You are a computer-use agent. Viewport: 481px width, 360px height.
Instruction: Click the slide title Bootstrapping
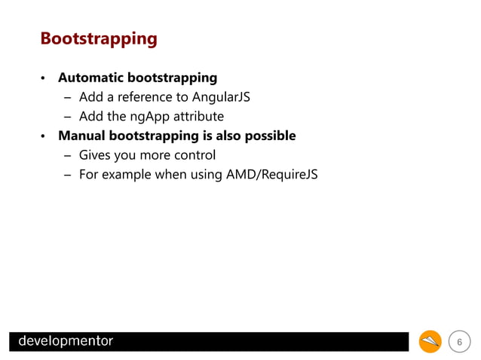click(x=98, y=38)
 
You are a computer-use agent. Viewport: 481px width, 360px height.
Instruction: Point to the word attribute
click(x=198, y=117)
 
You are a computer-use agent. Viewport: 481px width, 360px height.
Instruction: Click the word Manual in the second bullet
click(x=81, y=136)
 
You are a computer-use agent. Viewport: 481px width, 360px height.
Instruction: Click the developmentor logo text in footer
click(x=66, y=341)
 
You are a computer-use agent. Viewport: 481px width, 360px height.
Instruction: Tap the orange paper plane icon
click(x=430, y=342)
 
